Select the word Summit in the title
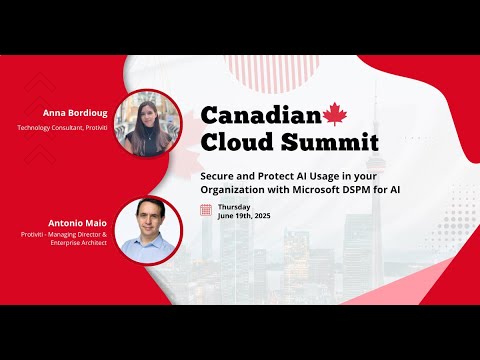pyautogui.click(x=315, y=142)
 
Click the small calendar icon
pyautogui.click(x=206, y=210)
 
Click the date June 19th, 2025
pyautogui.click(x=244, y=216)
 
